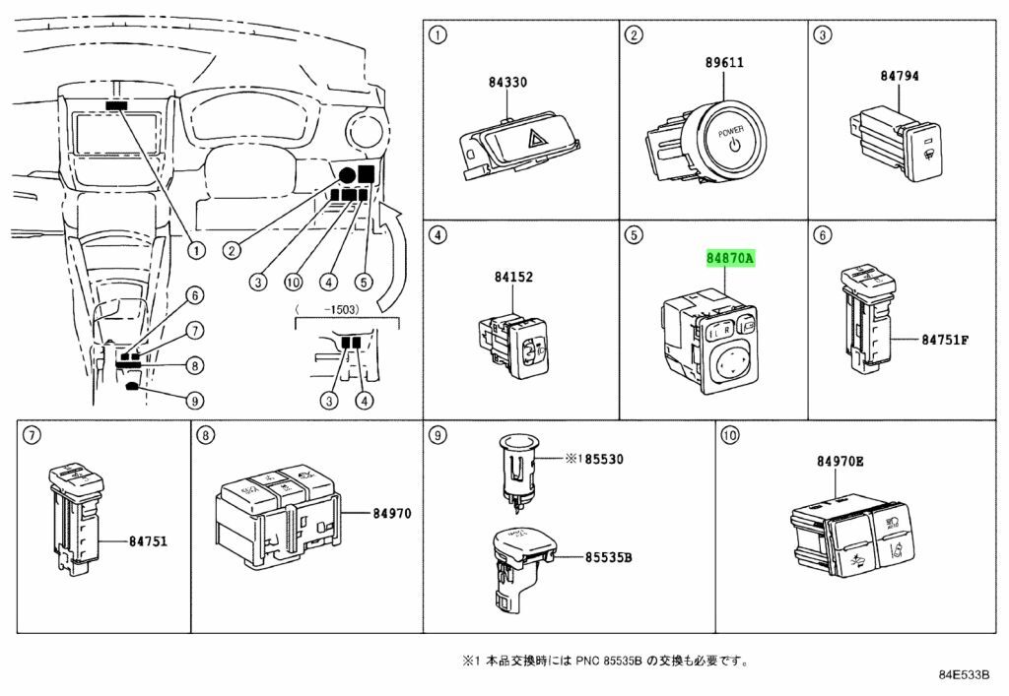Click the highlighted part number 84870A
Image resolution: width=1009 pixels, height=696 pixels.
[729, 259]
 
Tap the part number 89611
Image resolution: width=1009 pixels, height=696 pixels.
[723, 63]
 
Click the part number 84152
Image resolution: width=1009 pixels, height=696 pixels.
[513, 278]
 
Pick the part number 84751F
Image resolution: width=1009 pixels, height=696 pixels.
[946, 340]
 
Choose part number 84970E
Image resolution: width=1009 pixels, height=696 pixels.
[840, 461]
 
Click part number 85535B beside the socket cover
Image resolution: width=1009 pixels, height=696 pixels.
[608, 557]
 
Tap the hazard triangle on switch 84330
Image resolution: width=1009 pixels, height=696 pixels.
[541, 141]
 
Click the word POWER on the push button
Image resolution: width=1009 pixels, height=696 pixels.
[730, 131]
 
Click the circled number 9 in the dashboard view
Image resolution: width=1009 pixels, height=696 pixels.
[195, 400]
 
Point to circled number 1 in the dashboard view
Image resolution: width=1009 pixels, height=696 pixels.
[195, 250]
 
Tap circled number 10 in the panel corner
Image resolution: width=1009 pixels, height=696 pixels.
[728, 434]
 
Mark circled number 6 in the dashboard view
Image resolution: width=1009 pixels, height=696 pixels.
[195, 294]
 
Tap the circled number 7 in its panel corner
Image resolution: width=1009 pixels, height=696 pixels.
[31, 434]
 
